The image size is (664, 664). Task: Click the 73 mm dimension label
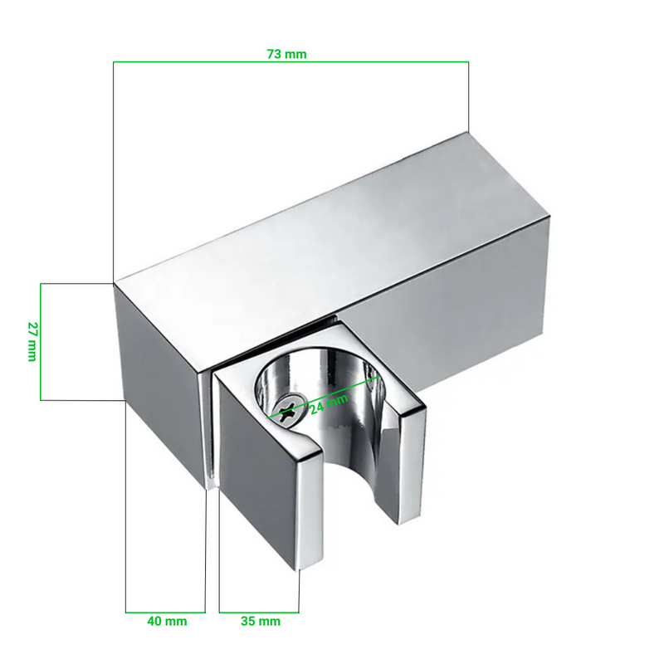[286, 54]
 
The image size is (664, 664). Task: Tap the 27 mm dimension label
[32, 341]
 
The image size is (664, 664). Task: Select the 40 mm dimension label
[167, 621]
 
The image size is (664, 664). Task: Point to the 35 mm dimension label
[261, 621]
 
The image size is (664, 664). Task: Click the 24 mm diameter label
[329, 404]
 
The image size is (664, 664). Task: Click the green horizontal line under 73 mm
[290, 62]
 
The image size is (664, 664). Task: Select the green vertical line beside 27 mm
[41, 342]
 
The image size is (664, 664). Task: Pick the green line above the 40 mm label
[165, 613]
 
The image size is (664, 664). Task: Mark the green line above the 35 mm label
[259, 613]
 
